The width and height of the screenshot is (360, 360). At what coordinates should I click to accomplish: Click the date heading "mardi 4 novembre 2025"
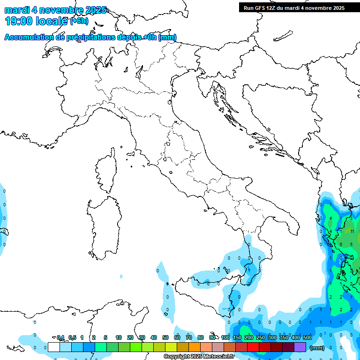pyautogui.click(x=55, y=10)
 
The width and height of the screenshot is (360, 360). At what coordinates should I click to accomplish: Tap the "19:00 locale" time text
pyautogui.click(x=37, y=21)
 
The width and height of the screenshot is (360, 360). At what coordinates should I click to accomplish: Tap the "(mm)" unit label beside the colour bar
pyautogui.click(x=317, y=348)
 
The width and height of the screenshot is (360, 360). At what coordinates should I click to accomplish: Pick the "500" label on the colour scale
pyautogui.click(x=307, y=337)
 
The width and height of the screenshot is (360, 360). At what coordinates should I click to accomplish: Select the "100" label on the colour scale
pyautogui.click(x=225, y=337)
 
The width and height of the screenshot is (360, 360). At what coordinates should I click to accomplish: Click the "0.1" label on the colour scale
pyautogui.click(x=60, y=337)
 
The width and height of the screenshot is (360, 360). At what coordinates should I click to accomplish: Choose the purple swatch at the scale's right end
pyautogui.click(x=300, y=347)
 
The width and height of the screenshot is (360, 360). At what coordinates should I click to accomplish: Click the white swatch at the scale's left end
pyautogui.click(x=54, y=347)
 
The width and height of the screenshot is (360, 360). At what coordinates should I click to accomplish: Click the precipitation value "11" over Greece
pyautogui.click(x=352, y=231)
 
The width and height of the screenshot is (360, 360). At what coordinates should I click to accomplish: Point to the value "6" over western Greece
pyautogui.click(x=341, y=244)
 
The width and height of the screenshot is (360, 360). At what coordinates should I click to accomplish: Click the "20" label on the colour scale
pyautogui.click(x=130, y=337)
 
